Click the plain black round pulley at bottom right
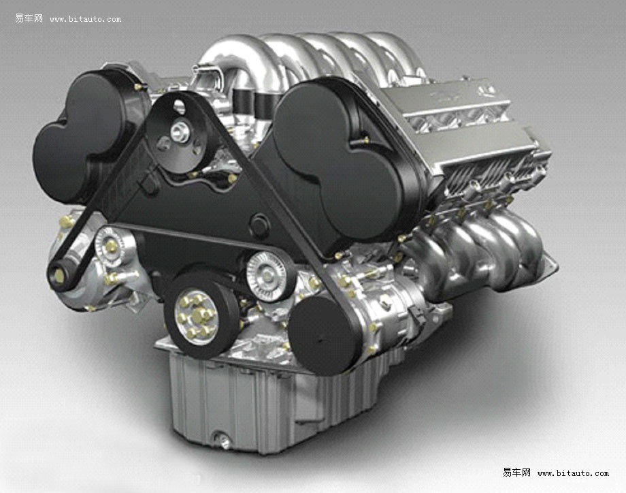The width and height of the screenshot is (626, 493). tap(323, 335)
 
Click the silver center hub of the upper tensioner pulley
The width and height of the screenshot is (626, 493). tap(180, 132)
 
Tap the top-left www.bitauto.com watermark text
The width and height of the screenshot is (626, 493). tap(85, 19)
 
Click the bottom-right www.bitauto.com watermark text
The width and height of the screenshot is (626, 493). tap(573, 473)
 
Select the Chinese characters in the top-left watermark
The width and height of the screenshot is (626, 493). tap(29, 18)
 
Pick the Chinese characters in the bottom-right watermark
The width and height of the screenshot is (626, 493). tap(516, 473)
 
